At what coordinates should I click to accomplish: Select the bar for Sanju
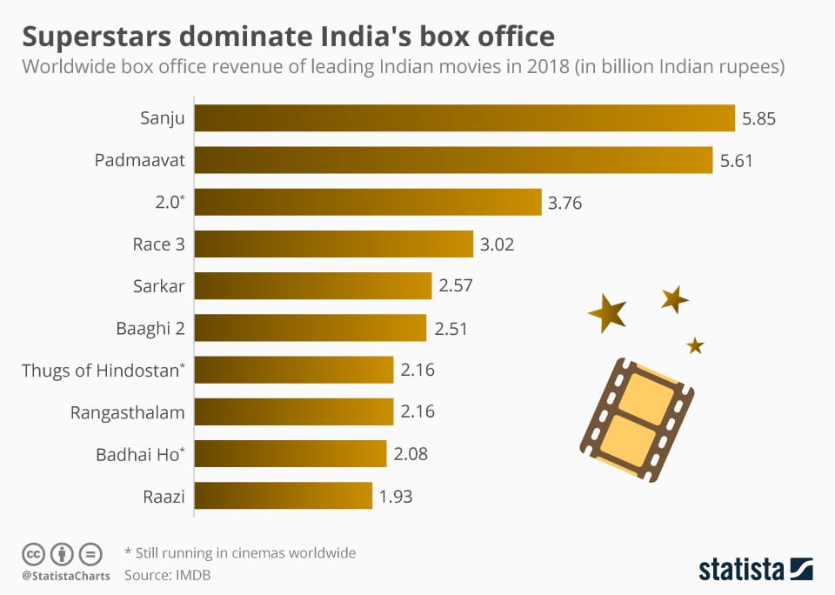[464, 118]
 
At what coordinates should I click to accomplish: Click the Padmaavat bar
[453, 160]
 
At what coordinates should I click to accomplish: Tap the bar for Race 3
[333, 244]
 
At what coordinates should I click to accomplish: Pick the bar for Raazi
[283, 497]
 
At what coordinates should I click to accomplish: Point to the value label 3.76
[564, 203]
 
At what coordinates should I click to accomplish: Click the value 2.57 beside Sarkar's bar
[457, 286]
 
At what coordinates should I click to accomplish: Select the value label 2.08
[411, 454]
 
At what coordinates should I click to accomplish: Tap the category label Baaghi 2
[150, 329]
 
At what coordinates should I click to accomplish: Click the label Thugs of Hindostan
[103, 371]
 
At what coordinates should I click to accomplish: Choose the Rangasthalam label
[127, 412]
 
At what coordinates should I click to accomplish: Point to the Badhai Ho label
[139, 454]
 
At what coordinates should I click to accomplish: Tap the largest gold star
[607, 312]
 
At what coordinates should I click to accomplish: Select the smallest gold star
[694, 345]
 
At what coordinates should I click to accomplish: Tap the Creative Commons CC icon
[33, 554]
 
